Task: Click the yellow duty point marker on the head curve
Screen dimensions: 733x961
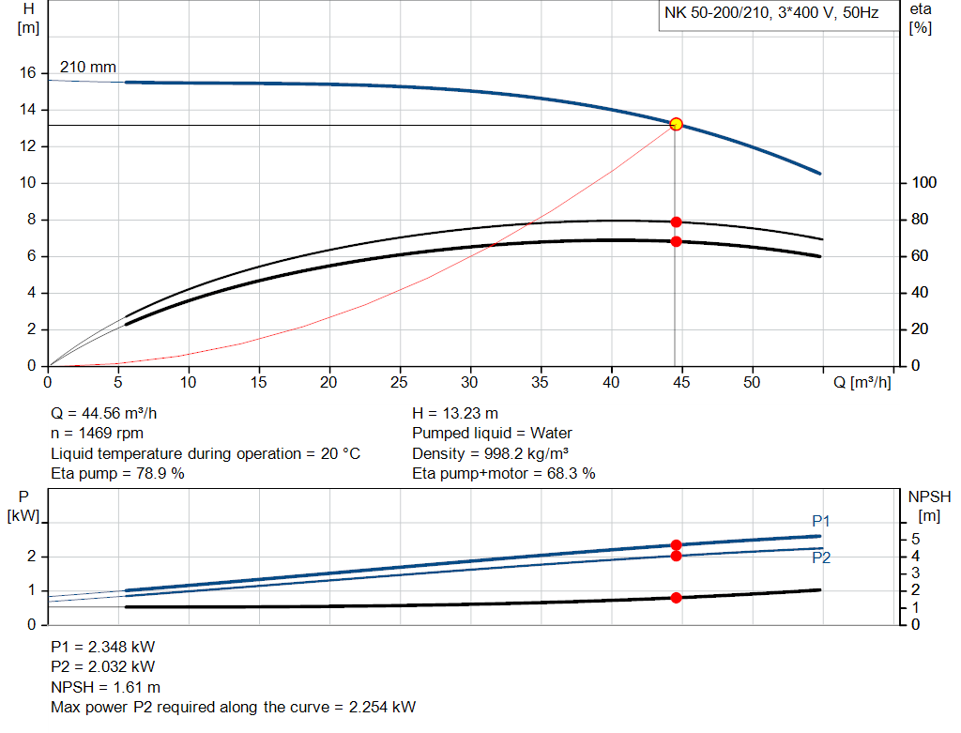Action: pos(676,124)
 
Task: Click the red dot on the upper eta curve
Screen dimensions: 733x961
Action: pos(676,222)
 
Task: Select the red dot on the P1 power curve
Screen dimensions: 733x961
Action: pos(676,545)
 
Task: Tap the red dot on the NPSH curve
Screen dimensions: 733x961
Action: pos(676,598)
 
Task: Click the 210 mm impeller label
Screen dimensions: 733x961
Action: pos(88,68)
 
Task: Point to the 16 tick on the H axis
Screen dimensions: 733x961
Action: pos(28,73)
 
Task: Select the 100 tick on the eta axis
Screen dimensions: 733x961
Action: pos(925,183)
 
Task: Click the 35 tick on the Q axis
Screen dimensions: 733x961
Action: pos(540,382)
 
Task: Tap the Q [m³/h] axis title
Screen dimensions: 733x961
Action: pos(862,382)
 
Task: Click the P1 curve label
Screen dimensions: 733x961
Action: pos(821,521)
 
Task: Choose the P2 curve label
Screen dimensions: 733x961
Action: pos(821,557)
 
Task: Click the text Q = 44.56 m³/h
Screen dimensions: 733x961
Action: pos(111,413)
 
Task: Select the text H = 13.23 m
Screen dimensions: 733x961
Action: pos(455,413)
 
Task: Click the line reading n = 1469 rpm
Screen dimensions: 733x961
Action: pos(98,434)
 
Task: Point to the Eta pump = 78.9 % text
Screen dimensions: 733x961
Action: pos(117,474)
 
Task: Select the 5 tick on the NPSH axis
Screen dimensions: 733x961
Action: pos(916,539)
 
